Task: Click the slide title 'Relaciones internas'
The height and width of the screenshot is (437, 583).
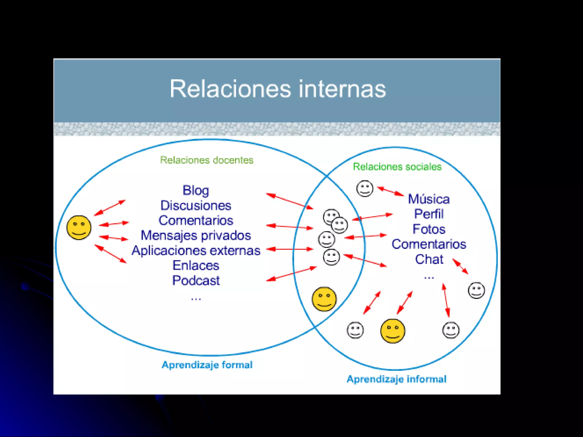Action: pyautogui.click(x=278, y=89)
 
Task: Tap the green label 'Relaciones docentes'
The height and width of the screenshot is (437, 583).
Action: pyautogui.click(x=207, y=160)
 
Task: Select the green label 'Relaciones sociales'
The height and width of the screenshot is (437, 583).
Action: pyautogui.click(x=397, y=167)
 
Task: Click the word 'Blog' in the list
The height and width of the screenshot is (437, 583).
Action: pyautogui.click(x=196, y=190)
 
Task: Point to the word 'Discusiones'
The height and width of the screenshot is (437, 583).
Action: pyautogui.click(x=196, y=205)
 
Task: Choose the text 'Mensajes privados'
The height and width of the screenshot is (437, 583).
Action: pyautogui.click(x=196, y=236)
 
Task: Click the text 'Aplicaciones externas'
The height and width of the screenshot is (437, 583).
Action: pyautogui.click(x=196, y=251)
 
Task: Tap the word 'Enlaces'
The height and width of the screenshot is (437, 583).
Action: pyautogui.click(x=196, y=265)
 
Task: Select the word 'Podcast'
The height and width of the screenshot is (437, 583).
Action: pyautogui.click(x=196, y=281)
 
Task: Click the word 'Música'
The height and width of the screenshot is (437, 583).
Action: pyautogui.click(x=429, y=199)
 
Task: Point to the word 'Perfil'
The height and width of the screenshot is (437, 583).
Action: pyautogui.click(x=429, y=214)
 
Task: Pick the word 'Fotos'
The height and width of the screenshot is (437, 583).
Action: pyautogui.click(x=429, y=229)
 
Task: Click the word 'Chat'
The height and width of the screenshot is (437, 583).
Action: pyautogui.click(x=429, y=259)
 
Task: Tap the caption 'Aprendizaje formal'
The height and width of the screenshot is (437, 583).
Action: pyautogui.click(x=207, y=365)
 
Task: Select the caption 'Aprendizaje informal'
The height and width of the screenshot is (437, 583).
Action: pyautogui.click(x=397, y=379)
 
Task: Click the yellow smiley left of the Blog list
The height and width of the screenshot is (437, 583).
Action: pyautogui.click(x=79, y=228)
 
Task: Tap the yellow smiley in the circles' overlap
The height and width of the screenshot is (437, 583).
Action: pyautogui.click(x=324, y=299)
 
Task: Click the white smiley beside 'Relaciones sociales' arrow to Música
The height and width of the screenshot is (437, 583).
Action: pyautogui.click(x=365, y=188)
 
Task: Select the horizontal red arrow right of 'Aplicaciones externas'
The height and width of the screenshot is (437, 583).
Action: pyautogui.click(x=290, y=249)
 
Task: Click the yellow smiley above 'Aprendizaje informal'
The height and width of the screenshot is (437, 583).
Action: pyautogui.click(x=393, y=331)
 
